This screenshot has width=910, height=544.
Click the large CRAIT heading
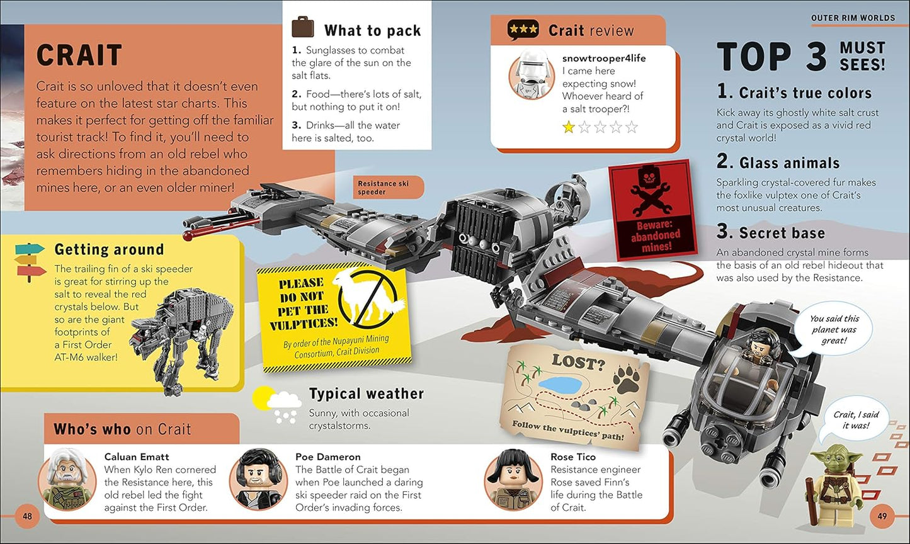coord(79,55)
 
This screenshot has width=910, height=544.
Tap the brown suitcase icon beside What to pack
coord(303,27)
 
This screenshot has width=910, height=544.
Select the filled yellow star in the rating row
coord(568,127)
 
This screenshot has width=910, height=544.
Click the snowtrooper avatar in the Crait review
coord(532,76)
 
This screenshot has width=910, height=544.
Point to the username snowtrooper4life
coord(604,58)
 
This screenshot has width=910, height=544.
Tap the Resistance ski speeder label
coord(383,187)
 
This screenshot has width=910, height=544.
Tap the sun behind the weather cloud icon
coord(262,397)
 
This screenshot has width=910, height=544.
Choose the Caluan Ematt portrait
coord(67,479)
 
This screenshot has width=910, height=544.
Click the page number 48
coord(27,516)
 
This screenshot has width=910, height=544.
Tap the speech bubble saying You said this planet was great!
coord(834,329)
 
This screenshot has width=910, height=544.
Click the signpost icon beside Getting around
coord(30,262)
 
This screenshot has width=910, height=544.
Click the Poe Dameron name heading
coord(328,456)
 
